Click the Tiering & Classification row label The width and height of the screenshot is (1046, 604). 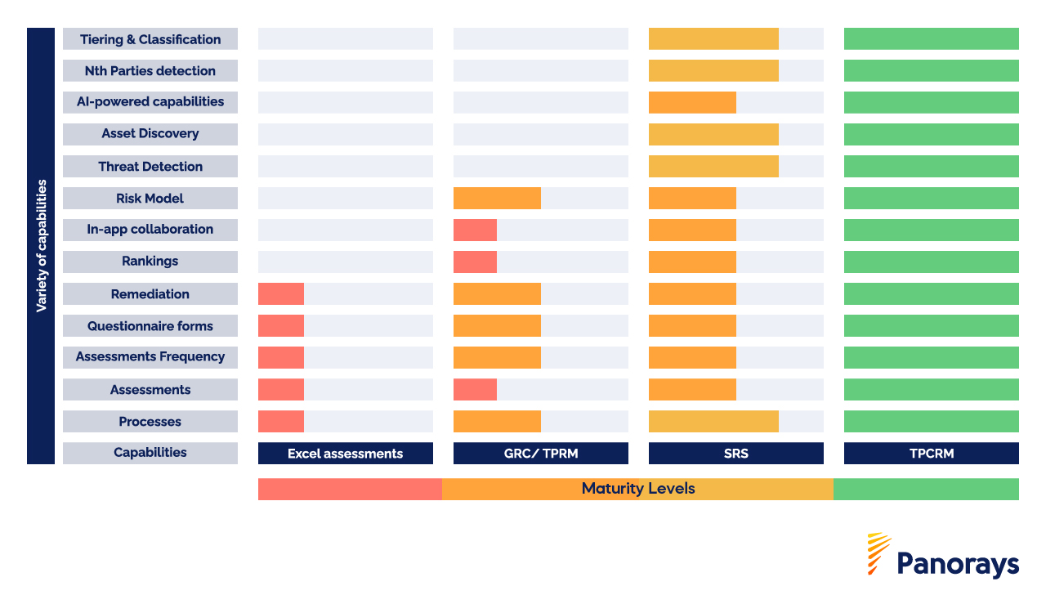point(150,39)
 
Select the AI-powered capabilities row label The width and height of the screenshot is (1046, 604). point(150,102)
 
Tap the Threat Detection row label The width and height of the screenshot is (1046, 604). point(150,167)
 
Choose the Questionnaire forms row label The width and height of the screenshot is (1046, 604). point(150,326)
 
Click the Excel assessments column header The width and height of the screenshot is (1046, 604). point(345,454)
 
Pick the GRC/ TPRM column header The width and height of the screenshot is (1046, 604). point(540,454)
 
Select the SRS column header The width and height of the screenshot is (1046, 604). point(735,454)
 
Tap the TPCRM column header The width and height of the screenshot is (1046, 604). point(931,454)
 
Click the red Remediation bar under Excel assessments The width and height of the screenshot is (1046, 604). point(281,294)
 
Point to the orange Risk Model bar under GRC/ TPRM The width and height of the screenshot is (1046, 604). point(497,199)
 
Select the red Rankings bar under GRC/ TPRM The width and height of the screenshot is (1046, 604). point(475,262)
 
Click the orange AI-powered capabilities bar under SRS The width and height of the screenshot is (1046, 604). point(692,103)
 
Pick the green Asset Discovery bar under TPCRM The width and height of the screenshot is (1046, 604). point(931,135)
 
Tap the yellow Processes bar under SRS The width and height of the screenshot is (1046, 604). point(713,422)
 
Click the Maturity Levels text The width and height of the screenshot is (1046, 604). point(638,489)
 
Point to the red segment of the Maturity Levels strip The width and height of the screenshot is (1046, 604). point(350,489)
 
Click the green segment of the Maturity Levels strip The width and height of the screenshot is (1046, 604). point(926,489)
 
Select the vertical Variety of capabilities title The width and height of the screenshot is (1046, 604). point(41,246)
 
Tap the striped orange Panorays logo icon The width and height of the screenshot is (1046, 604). point(878,554)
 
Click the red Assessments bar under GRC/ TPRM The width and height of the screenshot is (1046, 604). point(475,390)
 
